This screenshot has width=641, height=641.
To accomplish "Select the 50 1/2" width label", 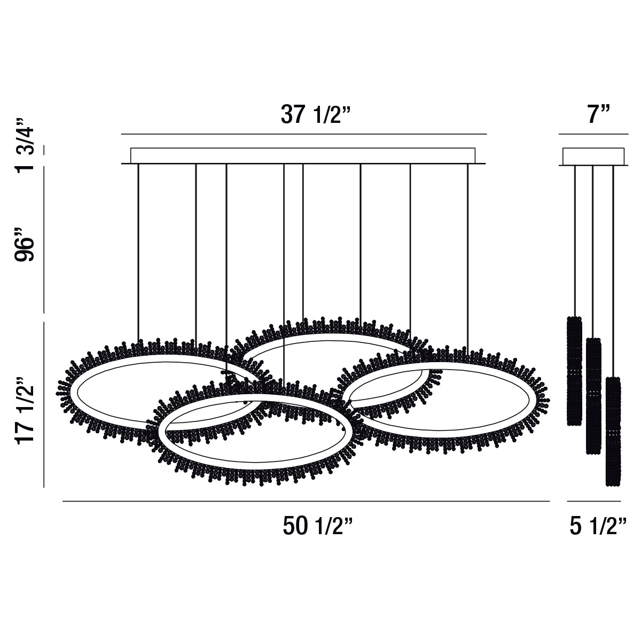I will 318,527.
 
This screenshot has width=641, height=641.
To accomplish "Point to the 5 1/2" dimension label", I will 598,527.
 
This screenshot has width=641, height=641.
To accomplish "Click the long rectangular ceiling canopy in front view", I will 303,155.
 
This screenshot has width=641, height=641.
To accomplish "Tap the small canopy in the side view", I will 593,157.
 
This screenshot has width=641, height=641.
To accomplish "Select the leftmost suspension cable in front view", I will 138,251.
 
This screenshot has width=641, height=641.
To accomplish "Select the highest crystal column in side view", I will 574,371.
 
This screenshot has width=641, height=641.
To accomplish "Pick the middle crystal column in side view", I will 593,395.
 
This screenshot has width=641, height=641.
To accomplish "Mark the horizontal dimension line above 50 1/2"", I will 306,502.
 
